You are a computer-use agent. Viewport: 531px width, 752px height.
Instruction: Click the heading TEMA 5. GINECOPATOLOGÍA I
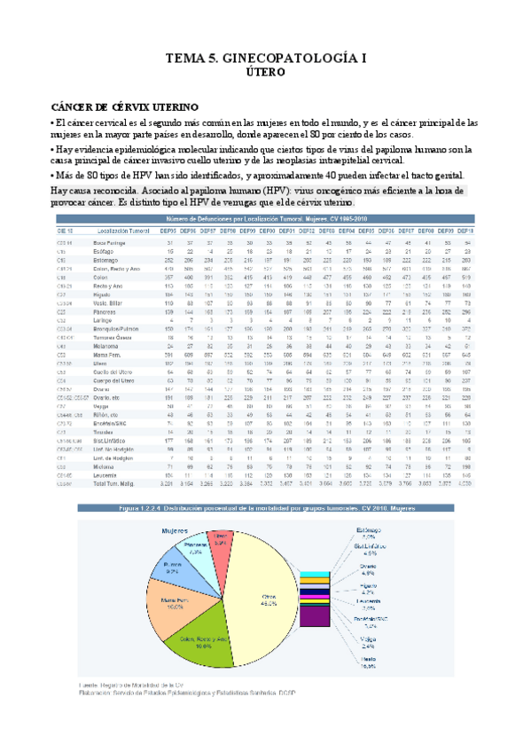(x=264, y=59)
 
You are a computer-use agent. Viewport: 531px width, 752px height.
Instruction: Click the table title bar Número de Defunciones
(x=264, y=217)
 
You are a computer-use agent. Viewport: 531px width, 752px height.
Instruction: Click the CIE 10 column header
(x=65, y=229)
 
